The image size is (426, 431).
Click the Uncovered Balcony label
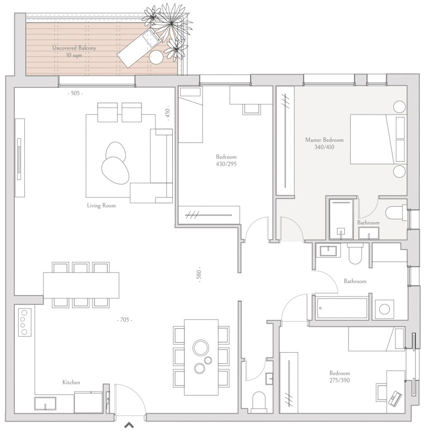[74, 48]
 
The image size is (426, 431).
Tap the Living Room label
[101, 205]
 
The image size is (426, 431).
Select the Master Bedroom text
[324, 140]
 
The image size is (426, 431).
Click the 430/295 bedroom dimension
[226, 164]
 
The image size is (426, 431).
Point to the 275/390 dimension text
[340, 380]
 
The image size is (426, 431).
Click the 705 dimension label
[125, 320]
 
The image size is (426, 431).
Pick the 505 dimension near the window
[75, 93]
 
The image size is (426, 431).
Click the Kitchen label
[71, 382]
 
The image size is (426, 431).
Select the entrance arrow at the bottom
[129, 425]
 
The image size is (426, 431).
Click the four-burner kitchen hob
[25, 322]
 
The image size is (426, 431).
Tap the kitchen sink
[45, 404]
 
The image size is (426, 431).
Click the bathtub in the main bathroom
[342, 308]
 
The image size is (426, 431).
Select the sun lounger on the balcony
[139, 48]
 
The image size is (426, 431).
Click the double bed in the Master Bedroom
[378, 139]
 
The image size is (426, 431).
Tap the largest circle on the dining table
[201, 348]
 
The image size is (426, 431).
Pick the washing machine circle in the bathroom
[384, 309]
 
